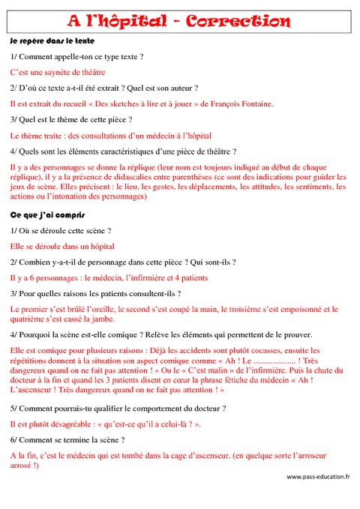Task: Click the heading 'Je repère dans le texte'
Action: click(52, 40)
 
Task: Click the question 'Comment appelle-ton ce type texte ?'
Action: click(76, 56)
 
